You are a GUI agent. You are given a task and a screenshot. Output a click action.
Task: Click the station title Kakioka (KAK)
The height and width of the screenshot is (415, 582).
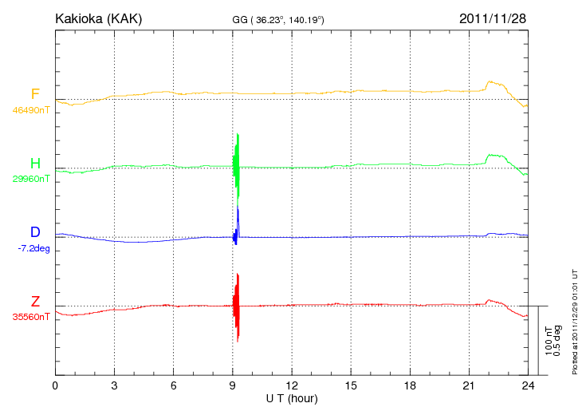[x=98, y=18]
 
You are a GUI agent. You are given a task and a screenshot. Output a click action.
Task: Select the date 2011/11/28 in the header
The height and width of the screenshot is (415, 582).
[x=493, y=18]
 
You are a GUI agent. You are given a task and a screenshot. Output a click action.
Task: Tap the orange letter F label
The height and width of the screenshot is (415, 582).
[x=35, y=94]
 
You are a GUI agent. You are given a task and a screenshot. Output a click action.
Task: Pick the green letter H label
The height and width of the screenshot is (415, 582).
[x=35, y=164]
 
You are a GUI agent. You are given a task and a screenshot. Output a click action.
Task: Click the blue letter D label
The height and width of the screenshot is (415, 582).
[x=35, y=232]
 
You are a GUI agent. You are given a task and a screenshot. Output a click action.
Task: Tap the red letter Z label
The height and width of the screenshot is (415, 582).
[x=35, y=301]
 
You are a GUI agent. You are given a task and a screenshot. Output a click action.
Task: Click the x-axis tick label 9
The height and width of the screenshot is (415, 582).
[x=232, y=385]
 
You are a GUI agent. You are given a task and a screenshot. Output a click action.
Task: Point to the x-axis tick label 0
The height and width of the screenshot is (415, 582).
[x=55, y=385]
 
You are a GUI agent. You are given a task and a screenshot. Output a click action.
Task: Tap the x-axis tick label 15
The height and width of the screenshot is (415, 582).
[x=350, y=385]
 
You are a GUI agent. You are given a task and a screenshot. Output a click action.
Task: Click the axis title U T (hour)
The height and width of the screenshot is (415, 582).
[x=291, y=397]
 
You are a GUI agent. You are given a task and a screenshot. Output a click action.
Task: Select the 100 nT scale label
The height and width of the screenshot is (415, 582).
[x=549, y=341]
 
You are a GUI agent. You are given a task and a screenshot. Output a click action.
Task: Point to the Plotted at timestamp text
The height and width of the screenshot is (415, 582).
[x=575, y=319]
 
